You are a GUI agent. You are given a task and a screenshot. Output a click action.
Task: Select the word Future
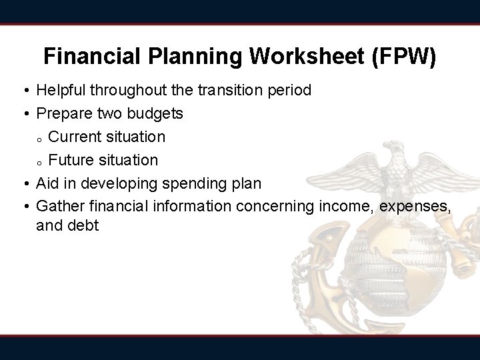(71, 160)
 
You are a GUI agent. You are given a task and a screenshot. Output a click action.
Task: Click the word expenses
(415, 207)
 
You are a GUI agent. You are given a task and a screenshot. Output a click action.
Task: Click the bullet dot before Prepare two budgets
(25, 114)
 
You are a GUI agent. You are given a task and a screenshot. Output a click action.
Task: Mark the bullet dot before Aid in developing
(25, 184)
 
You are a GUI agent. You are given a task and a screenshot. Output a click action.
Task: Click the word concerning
(271, 207)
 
